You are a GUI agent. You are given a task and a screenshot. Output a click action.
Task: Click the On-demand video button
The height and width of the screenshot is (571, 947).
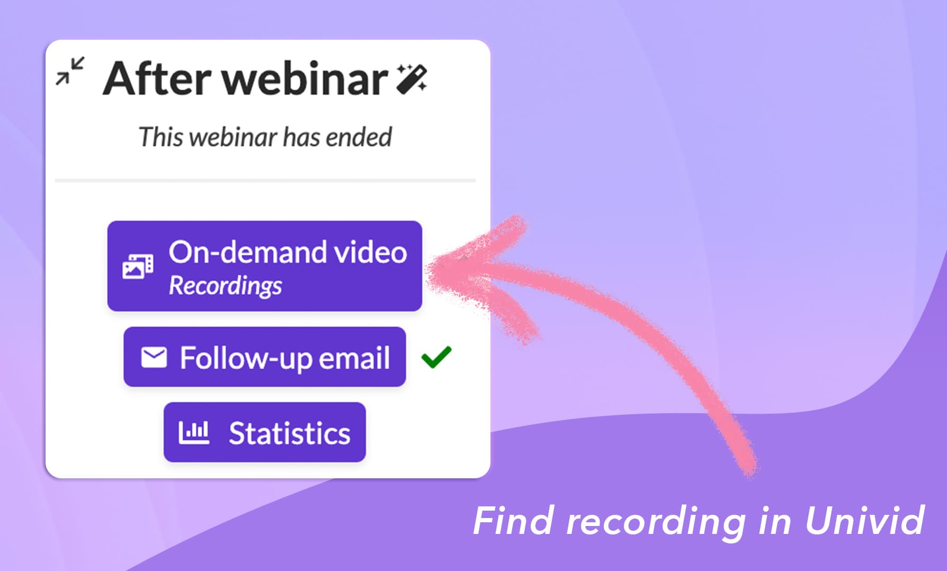pyautogui.click(x=265, y=266)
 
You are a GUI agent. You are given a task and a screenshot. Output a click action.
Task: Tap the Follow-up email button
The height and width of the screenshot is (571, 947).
pyautogui.click(x=265, y=356)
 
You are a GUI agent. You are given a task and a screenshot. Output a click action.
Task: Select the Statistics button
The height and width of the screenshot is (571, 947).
pyautogui.click(x=265, y=432)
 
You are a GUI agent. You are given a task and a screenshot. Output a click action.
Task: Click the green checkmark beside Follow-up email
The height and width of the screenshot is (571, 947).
pyautogui.click(x=436, y=357)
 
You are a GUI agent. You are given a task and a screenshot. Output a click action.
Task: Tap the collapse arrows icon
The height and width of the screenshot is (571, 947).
pyautogui.click(x=70, y=71)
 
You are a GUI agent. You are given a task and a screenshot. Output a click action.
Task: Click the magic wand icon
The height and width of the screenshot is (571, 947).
pyautogui.click(x=412, y=78)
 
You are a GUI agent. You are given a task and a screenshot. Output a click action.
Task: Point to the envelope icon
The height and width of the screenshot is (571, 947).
pyautogui.click(x=154, y=357)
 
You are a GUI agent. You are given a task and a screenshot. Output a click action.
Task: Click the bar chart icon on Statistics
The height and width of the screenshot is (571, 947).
pyautogui.click(x=194, y=433)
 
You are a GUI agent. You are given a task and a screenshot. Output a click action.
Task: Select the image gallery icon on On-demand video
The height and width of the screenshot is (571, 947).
pyautogui.click(x=138, y=266)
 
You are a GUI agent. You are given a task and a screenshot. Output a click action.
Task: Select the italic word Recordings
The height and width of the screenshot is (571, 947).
pyautogui.click(x=225, y=286)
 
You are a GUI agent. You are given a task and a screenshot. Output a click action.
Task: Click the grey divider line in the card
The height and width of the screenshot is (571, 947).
pyautogui.click(x=265, y=181)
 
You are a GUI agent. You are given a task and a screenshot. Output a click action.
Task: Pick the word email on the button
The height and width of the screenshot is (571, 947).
pyautogui.click(x=354, y=358)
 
